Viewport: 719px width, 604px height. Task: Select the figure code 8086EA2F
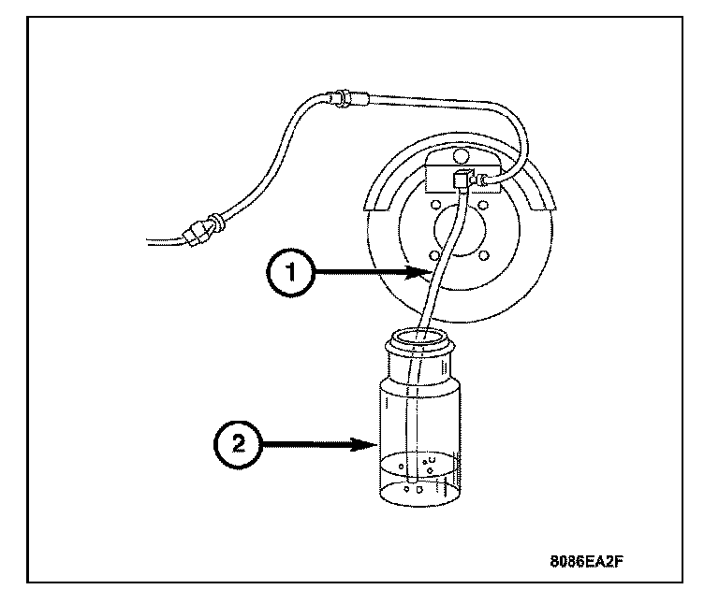click(587, 564)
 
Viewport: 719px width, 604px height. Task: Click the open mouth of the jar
click(424, 336)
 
